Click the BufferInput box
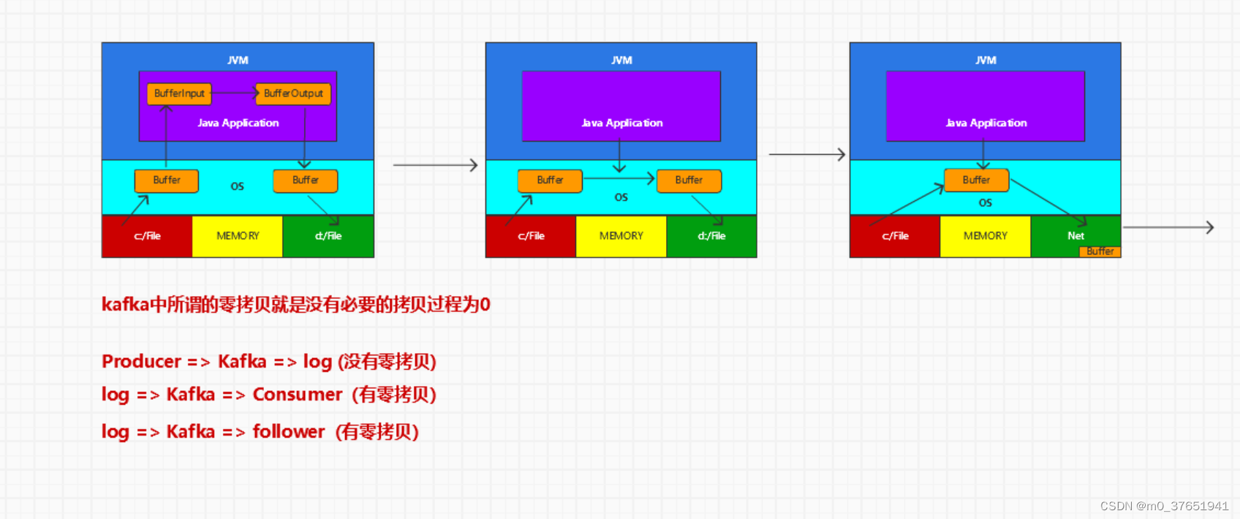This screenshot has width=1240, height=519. click(x=179, y=94)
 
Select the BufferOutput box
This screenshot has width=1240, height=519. click(x=293, y=94)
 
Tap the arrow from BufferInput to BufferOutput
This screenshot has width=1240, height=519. click(x=234, y=93)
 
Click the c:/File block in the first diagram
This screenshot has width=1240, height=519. click(x=147, y=236)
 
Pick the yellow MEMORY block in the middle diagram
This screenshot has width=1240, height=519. click(x=621, y=236)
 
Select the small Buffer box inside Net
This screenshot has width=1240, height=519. click(x=1100, y=251)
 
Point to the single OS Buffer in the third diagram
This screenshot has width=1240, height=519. click(x=976, y=180)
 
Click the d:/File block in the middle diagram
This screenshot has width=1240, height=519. click(x=711, y=236)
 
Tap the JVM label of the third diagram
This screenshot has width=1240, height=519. click(x=986, y=60)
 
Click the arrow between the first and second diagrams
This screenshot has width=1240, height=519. click(x=435, y=165)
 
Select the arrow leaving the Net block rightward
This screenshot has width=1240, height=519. click(x=1168, y=227)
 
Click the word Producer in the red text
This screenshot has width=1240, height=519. click(x=141, y=361)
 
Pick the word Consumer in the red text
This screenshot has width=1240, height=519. click(x=297, y=395)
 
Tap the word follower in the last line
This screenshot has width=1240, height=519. click(x=288, y=431)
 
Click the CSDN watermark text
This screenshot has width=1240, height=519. click(x=1164, y=506)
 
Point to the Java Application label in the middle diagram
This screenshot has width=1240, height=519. click(x=621, y=123)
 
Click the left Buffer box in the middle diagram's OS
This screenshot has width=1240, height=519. click(x=550, y=181)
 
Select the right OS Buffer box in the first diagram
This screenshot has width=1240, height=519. click(x=305, y=181)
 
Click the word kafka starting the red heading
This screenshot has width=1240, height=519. click(x=125, y=304)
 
